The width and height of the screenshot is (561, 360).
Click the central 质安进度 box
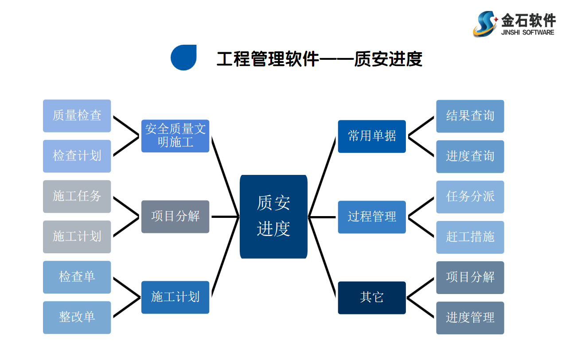click(x=273, y=217)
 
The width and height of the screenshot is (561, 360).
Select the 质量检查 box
click(x=77, y=116)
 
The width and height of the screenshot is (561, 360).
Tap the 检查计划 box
click(x=77, y=156)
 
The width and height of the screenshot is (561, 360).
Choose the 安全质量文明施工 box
click(x=175, y=136)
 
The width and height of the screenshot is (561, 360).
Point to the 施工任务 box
click(x=77, y=196)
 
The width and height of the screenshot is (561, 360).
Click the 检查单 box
click(x=77, y=277)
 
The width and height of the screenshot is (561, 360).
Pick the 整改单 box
click(x=77, y=317)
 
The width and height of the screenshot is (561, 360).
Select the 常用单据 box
click(x=372, y=136)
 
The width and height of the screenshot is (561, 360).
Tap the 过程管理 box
click(x=372, y=217)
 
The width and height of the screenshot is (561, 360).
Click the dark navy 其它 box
click(x=372, y=298)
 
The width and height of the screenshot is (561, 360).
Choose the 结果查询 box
click(x=470, y=116)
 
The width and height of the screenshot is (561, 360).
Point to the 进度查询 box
click(x=470, y=156)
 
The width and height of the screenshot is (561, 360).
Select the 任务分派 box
click(x=470, y=197)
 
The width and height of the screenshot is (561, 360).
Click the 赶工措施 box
click(x=470, y=237)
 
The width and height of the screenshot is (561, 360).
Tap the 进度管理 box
click(x=470, y=317)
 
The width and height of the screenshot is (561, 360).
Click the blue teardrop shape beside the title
click(x=183, y=58)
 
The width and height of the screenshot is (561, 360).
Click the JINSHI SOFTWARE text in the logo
click(x=527, y=32)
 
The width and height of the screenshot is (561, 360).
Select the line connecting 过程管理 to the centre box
click(x=323, y=217)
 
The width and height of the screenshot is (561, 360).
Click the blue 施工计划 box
click(x=175, y=297)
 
